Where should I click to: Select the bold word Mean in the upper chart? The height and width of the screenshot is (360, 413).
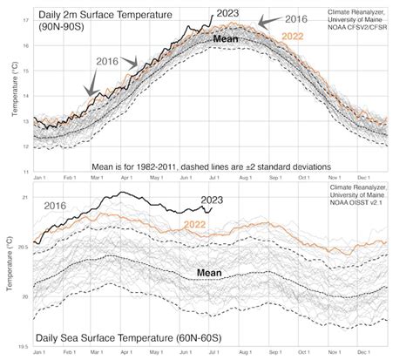[x=225, y=40]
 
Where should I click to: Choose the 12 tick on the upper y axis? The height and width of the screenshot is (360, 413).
[x=24, y=146]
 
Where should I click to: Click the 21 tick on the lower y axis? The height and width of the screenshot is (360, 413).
[x=24, y=198]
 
